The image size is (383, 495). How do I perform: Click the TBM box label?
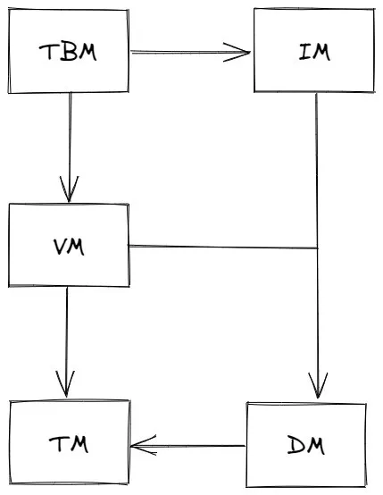point(68,52)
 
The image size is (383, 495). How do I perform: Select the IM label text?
point(314,52)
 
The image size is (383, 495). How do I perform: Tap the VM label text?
point(69,247)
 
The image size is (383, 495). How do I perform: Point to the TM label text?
point(69,444)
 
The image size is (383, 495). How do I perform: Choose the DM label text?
point(305,444)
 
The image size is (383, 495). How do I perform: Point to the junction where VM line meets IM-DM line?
point(317,248)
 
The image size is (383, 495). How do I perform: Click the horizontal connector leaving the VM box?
point(222,247)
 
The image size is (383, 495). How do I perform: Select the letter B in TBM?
point(68,52)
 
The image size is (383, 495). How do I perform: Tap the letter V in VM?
point(60,247)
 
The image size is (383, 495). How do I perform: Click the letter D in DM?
point(296,445)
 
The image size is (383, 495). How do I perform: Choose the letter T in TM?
point(57,444)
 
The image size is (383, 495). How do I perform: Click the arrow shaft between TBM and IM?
point(190,52)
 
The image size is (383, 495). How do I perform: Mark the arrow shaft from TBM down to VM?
point(70,147)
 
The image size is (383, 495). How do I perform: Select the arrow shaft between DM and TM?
point(187,446)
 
